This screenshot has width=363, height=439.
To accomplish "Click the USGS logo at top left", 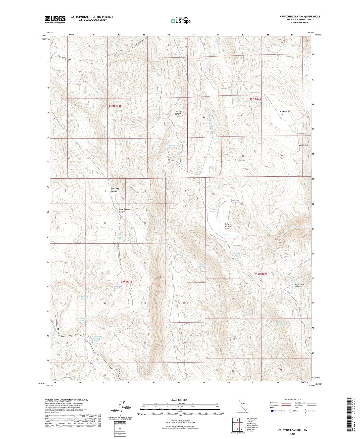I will [55, 19].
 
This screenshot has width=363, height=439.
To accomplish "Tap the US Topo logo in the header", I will [180, 21].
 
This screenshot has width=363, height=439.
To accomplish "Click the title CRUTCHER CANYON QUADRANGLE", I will [300, 17].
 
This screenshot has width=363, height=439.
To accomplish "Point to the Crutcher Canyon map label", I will [178, 113].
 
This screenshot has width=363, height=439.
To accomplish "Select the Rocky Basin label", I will [285, 111].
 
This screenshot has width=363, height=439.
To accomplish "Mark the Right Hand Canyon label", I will [299, 285].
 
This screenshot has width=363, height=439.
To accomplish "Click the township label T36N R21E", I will [115, 106].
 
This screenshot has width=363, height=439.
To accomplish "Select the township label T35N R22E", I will [261, 274].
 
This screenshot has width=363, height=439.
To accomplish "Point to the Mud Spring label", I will [218, 139].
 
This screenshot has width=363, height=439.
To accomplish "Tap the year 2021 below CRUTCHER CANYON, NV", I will [292, 434].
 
